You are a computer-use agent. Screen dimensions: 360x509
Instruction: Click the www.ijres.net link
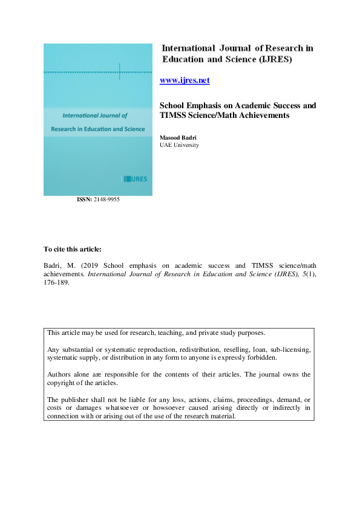tap(184, 80)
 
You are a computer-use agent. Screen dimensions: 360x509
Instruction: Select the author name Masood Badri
tap(179, 138)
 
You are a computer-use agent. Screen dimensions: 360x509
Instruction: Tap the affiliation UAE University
tap(179, 145)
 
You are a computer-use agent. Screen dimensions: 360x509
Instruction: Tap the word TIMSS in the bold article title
tap(175, 115)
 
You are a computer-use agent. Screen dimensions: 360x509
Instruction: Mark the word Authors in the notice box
tap(59, 374)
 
